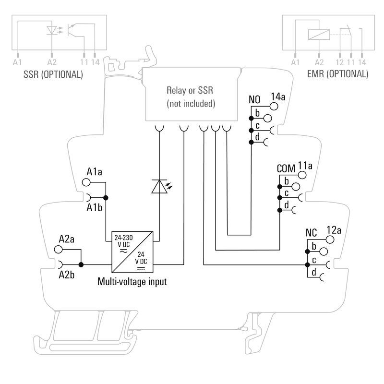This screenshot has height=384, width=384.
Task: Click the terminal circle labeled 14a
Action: (x=274, y=106)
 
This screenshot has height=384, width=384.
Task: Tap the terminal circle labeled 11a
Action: (x=302, y=175)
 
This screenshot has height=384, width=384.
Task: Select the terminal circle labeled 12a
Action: (x=330, y=239)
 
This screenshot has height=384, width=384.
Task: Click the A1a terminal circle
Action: (x=86, y=182)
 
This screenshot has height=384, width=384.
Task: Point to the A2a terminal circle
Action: (x=58, y=249)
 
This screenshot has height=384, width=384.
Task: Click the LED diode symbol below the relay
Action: (x=159, y=186)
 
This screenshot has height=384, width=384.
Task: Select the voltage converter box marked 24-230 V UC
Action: (x=132, y=252)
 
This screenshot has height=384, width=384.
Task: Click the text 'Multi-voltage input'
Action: (x=132, y=282)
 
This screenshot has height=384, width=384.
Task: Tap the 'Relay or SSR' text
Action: (x=190, y=90)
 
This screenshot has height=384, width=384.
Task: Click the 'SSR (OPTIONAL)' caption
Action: (x=53, y=74)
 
